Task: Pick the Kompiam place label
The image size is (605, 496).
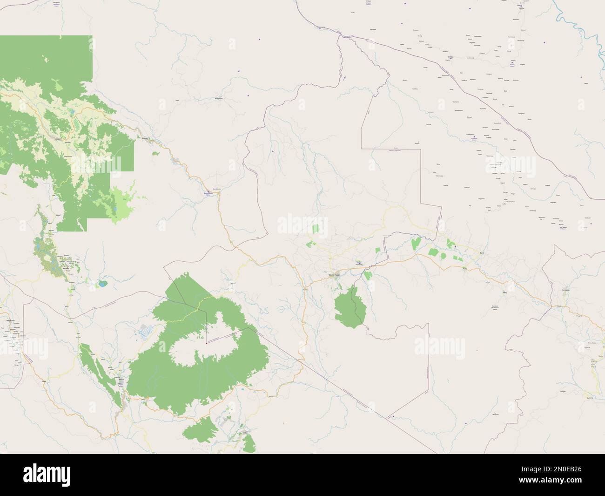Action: click(x=219, y=98)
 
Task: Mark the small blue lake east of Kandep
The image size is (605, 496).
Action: click(x=101, y=283)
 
